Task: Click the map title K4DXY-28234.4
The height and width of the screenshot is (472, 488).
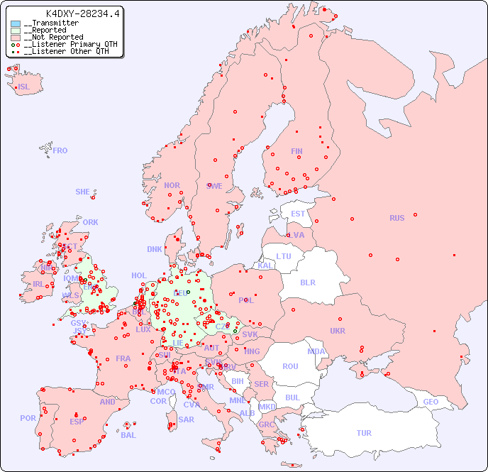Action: pyautogui.click(x=83, y=13)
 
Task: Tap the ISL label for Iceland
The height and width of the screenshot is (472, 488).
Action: pyautogui.click(x=24, y=87)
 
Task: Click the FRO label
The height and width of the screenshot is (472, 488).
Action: pyautogui.click(x=60, y=150)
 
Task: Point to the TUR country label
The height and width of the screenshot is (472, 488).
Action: pyautogui.click(x=364, y=433)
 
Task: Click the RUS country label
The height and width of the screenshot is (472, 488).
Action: pyautogui.click(x=396, y=218)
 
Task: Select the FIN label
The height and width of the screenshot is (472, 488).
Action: pyautogui.click(x=296, y=151)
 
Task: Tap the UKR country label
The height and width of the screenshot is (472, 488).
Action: pyautogui.click(x=338, y=331)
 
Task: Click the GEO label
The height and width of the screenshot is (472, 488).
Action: pyautogui.click(x=431, y=402)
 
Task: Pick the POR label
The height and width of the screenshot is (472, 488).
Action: pyautogui.click(x=28, y=418)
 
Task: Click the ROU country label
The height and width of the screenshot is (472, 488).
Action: pyautogui.click(x=290, y=366)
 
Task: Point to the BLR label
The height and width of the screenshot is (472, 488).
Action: pyautogui.click(x=307, y=282)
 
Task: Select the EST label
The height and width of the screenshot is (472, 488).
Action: pyautogui.click(x=298, y=214)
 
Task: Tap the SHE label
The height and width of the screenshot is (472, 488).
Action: pyautogui.click(x=83, y=192)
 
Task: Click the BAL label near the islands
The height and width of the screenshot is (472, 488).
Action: pyautogui.click(x=128, y=435)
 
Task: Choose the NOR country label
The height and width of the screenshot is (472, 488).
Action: pyautogui.click(x=172, y=185)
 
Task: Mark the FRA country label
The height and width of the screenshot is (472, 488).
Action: pyautogui.click(x=123, y=358)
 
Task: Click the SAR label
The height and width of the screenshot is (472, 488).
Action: pyautogui.click(x=187, y=419)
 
